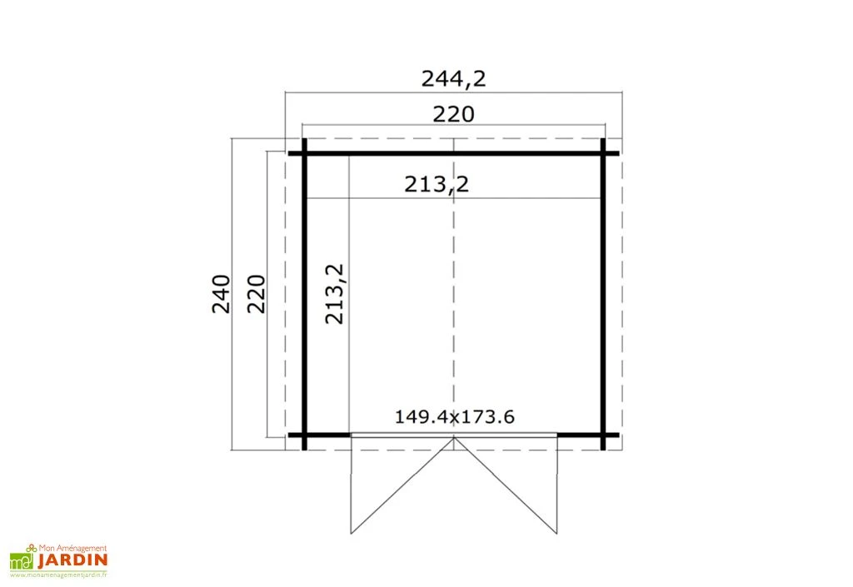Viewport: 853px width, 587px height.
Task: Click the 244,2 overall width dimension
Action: (453, 79)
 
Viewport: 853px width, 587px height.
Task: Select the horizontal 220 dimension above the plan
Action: (453, 114)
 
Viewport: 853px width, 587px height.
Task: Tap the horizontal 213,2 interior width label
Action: (436, 185)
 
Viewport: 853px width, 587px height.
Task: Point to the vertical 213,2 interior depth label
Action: (335, 294)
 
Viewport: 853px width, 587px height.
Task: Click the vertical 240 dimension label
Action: (222, 294)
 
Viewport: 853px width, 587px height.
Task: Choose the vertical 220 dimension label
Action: (257, 294)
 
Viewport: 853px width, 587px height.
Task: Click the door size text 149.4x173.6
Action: (454, 417)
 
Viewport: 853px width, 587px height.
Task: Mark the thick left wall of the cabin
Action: (305, 294)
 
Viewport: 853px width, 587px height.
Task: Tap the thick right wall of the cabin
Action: (603, 294)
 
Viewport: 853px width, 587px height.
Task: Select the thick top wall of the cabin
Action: (454, 153)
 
